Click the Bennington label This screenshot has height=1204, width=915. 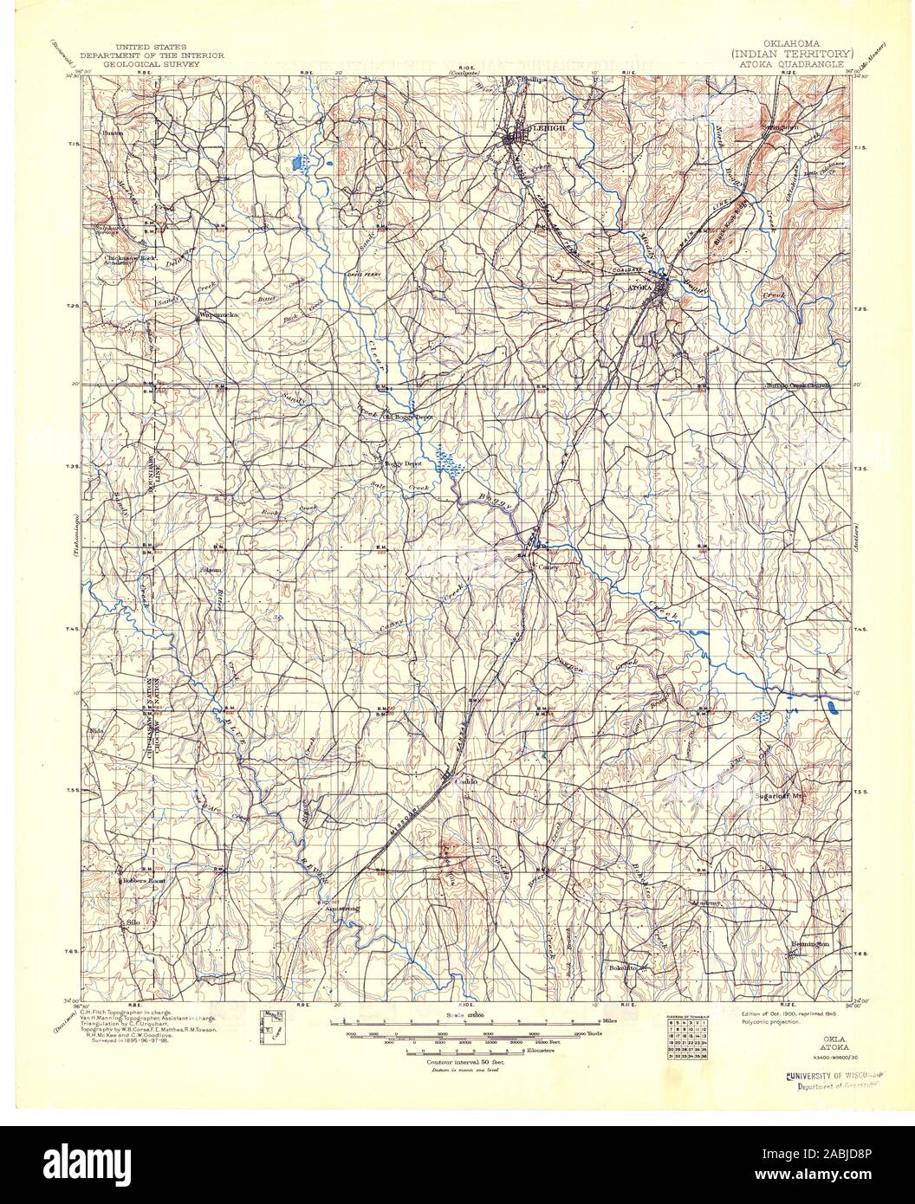coord(810,943)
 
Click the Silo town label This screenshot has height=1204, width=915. coord(133,923)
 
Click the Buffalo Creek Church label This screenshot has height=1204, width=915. coord(796,385)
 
